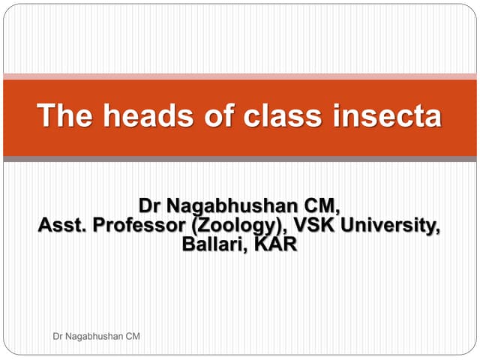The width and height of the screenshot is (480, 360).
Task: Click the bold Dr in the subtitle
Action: point(150,205)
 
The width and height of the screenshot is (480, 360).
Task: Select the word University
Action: point(396,225)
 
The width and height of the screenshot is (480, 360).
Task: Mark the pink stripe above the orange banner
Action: point(240,76)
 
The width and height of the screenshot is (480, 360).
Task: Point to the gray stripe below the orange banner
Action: point(240,159)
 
